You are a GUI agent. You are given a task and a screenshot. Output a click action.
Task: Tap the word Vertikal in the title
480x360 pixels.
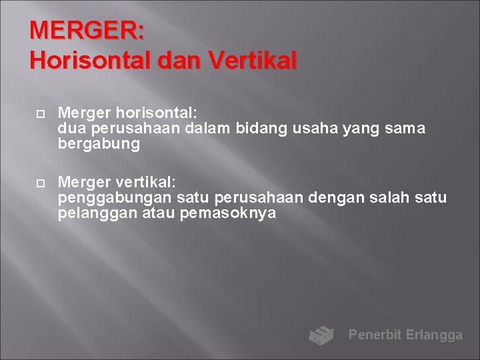(253, 61)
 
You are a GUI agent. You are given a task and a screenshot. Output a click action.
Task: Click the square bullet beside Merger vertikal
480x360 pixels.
(40, 182)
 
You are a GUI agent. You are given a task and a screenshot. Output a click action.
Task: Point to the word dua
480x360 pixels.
(71, 128)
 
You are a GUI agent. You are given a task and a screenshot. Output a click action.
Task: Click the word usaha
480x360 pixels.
(315, 128)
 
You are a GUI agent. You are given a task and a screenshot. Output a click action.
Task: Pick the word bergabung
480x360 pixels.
(99, 144)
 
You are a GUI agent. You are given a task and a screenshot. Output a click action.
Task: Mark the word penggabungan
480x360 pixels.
(116, 198)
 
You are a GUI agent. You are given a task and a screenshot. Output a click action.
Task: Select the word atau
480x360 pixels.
(159, 214)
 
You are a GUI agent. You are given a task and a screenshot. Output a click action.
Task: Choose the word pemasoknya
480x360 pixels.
(228, 214)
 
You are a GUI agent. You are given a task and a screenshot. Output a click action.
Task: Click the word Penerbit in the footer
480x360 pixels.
(375, 335)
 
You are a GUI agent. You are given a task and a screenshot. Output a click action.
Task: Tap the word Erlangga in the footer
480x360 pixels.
(434, 335)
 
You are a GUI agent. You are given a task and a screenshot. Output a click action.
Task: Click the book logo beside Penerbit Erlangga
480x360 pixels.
(321, 335)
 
